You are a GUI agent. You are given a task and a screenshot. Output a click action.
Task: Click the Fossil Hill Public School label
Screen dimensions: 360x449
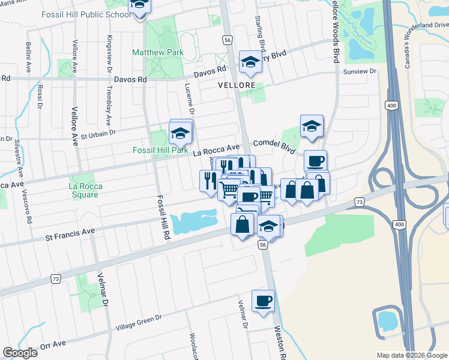click(85, 13)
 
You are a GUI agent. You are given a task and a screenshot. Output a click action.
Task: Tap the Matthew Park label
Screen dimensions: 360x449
click(158, 53)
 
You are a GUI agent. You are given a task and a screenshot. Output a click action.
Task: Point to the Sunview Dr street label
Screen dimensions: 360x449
click(360, 71)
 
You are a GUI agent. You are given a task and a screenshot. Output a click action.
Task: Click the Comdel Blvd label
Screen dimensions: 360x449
click(274, 144)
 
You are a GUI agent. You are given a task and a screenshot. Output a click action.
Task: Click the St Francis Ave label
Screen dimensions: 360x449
click(71, 233)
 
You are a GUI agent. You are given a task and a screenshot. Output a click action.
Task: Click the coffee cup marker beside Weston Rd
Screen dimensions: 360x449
click(262, 300)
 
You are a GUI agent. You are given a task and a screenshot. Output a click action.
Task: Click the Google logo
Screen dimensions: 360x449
click(20, 353)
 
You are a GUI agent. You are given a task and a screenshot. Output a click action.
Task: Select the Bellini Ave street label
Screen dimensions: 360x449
click(28, 55)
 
